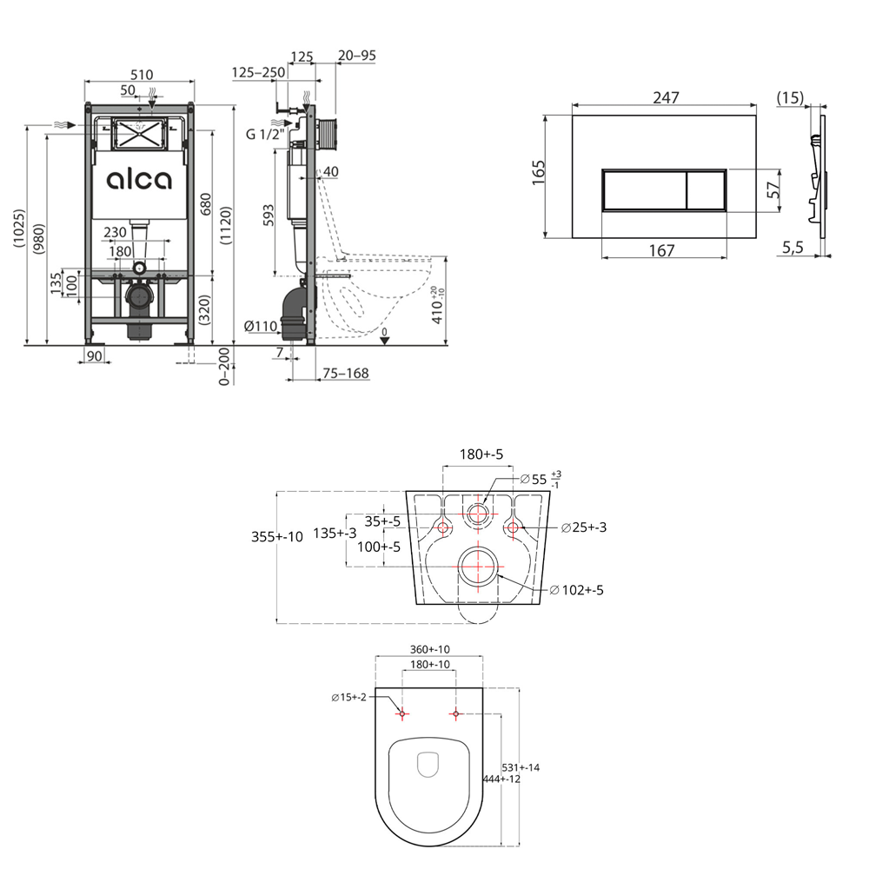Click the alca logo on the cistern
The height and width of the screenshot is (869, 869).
pyautogui.click(x=139, y=180)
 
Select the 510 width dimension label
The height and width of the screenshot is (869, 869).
pyautogui.click(x=142, y=75)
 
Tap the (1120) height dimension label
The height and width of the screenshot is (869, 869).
pyautogui.click(x=226, y=225)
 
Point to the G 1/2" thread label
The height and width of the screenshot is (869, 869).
pyautogui.click(x=265, y=134)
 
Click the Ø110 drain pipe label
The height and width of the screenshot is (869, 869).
pyautogui.click(x=261, y=327)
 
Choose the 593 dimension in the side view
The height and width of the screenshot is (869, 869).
pyautogui.click(x=268, y=216)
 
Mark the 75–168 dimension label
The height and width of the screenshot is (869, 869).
pyautogui.click(x=346, y=374)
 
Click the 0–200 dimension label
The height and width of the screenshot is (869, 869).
pyautogui.click(x=224, y=366)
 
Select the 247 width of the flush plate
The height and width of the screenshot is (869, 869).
pyautogui.click(x=666, y=97)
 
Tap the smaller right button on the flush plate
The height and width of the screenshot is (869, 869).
pyautogui.click(x=706, y=190)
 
